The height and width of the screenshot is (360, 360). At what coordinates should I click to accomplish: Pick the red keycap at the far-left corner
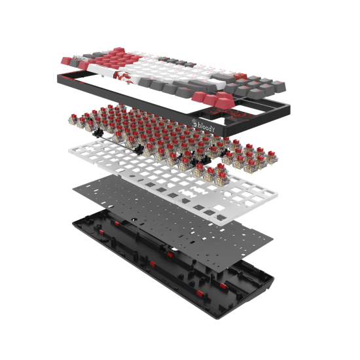(66, 61)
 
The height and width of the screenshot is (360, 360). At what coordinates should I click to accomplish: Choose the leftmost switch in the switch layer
(73, 119)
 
